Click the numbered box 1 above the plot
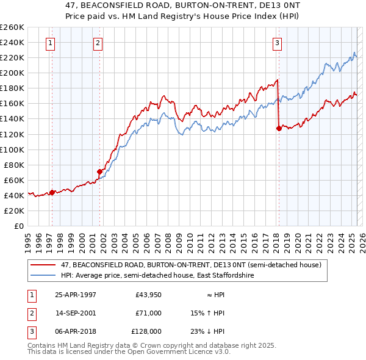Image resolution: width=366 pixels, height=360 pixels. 49,43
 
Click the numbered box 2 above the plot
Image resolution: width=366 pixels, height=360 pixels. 98,43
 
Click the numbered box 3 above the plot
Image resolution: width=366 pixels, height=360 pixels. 277,43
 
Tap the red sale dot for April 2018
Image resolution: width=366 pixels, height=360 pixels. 279,128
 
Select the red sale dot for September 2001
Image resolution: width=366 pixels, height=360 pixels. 99,171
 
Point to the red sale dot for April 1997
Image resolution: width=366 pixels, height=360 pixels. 52,192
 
